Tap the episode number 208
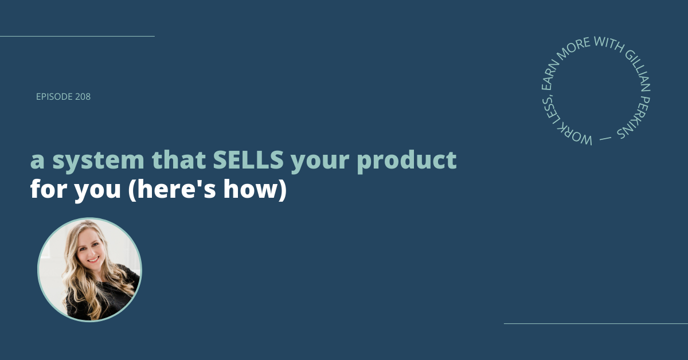coord(83,97)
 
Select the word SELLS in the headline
coord(248,160)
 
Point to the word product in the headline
coord(406,161)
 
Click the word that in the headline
coord(179,159)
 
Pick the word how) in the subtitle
coord(255,189)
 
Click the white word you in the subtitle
coord(97,191)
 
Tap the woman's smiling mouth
coord(93,260)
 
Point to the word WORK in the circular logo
coord(574,135)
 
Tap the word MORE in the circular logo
coord(573,48)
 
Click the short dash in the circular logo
coord(605,139)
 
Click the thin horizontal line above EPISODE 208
coord(77,36)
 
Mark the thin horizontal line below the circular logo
coord(596,323)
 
